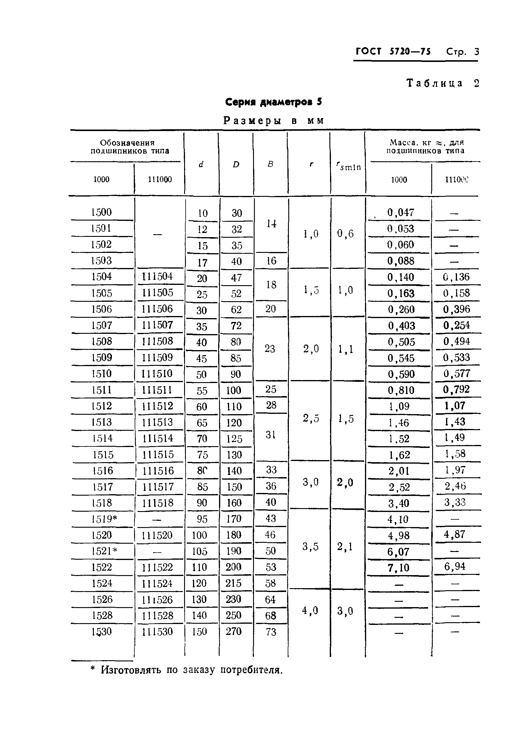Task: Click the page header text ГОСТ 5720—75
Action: [x=393, y=52]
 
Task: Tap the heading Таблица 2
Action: [x=443, y=84]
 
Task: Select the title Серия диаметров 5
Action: [x=273, y=102]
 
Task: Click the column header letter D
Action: [x=236, y=165]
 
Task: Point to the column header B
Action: [x=270, y=164]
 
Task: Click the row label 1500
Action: [x=101, y=212]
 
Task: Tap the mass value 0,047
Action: [x=400, y=213]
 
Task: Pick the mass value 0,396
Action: [x=456, y=309]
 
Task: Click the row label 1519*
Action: [x=104, y=519]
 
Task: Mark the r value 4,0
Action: [x=310, y=611]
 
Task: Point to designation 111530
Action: [x=157, y=632]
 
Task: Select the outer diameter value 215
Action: [x=233, y=583]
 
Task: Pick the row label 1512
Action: [x=102, y=406]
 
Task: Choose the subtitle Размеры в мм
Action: [x=273, y=121]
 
